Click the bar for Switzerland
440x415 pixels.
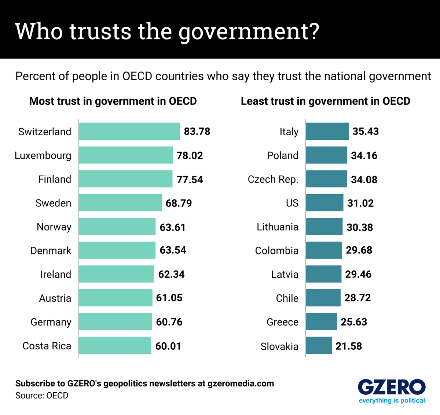tap(129, 131)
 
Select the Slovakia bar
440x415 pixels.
tap(319, 345)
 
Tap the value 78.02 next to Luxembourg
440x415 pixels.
tap(190, 155)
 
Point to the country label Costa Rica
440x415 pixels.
tap(47, 346)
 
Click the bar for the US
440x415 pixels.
tap(324, 203)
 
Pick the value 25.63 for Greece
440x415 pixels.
tap(354, 322)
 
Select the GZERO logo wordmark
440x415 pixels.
tap(392, 387)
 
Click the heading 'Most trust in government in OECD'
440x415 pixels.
tap(113, 101)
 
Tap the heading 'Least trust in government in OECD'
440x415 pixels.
tap(325, 101)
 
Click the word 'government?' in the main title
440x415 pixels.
tap(249, 32)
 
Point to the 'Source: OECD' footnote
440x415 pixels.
tap(42, 396)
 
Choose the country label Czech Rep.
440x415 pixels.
tap(273, 179)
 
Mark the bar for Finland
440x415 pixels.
tap(125, 179)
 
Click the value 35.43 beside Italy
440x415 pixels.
tap(366, 132)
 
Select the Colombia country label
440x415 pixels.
tap(277, 251)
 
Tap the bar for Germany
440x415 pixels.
tap(115, 322)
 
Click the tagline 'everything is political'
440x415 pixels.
tap(392, 400)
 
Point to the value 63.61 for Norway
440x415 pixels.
tap(172, 227)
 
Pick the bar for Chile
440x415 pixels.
tap(323, 298)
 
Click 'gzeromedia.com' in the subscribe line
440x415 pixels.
tap(241, 383)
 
